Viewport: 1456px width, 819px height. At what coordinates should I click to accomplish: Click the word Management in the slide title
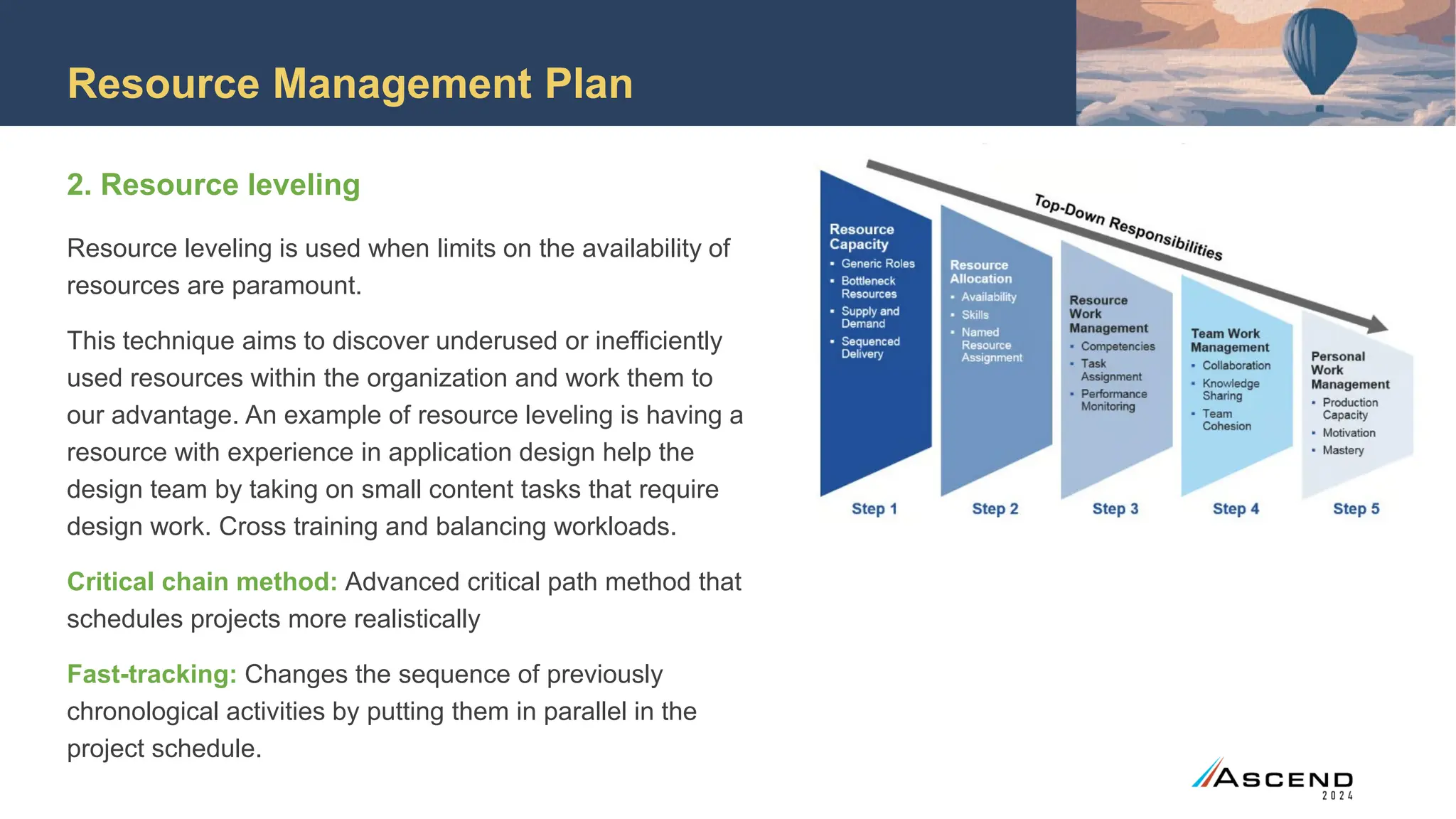tap(402, 84)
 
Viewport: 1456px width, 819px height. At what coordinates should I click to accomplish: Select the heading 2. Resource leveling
tap(213, 185)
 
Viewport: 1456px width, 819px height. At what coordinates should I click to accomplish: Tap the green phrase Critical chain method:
tap(202, 582)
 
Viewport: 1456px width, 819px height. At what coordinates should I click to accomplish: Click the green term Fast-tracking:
tap(151, 674)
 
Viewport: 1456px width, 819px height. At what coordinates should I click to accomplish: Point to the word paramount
tap(296, 286)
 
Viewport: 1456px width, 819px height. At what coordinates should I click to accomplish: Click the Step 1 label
tap(874, 509)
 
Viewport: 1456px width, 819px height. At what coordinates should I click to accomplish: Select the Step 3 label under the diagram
tap(1115, 509)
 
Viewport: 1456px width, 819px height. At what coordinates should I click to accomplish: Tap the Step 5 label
tap(1356, 509)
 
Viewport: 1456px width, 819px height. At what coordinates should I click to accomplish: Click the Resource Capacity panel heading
tap(861, 237)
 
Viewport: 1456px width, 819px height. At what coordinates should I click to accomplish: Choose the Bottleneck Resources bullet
tap(868, 287)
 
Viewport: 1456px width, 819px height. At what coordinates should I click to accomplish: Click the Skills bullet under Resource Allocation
tap(975, 315)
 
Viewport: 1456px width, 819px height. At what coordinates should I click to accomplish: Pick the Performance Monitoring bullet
tap(1113, 400)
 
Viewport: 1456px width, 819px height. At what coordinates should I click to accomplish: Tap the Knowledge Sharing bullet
tap(1230, 390)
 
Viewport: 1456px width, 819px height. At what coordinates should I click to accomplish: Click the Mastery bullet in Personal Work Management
tap(1343, 450)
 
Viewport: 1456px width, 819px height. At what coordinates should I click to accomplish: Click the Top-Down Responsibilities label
tap(1128, 227)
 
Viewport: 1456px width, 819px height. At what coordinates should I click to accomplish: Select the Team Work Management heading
tap(1229, 341)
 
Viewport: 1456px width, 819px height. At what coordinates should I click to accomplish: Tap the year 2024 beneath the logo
tap(1337, 796)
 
